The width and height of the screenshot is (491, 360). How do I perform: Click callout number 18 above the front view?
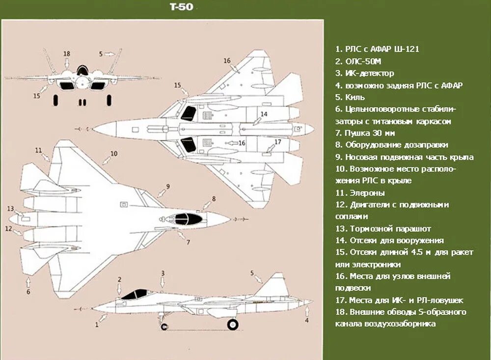pos(67,53)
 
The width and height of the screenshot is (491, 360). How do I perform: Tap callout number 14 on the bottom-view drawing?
pos(264,114)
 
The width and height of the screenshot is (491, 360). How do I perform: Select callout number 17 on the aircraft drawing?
pos(277,142)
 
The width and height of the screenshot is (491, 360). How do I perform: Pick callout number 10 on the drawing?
pos(113,154)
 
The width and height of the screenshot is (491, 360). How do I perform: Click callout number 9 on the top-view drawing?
pos(167,186)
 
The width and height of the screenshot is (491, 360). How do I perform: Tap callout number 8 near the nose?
pos(214,198)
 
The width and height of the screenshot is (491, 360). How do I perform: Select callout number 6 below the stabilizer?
pos(28,292)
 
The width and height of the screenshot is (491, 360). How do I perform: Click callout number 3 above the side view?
pos(163,273)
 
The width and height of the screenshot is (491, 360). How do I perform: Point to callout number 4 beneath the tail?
pos(307,320)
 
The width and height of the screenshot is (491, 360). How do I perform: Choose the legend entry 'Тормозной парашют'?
pos(390,229)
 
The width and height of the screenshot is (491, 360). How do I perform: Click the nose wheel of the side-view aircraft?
pos(163,326)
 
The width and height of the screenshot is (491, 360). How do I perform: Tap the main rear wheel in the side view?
pos(232,324)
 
